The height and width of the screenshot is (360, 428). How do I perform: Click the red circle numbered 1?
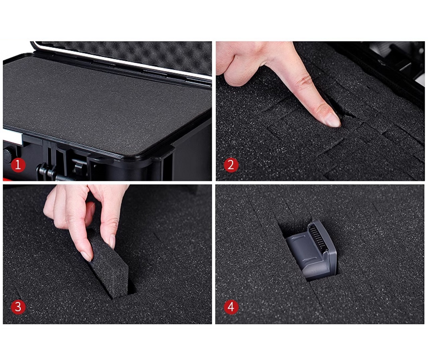(x=18, y=165)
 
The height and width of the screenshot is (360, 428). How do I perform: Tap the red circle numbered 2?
(x=231, y=165)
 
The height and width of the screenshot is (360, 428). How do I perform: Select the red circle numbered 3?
(x=18, y=307)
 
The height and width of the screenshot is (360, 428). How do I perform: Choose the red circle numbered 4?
(x=231, y=307)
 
